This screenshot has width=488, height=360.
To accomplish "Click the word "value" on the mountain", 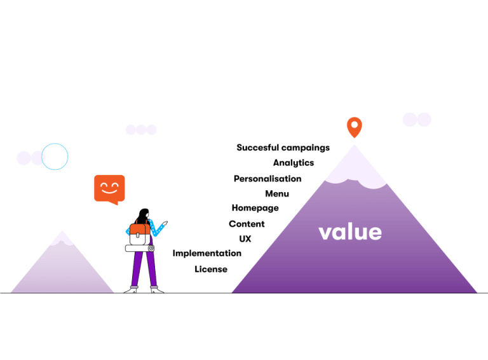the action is (x=350, y=232).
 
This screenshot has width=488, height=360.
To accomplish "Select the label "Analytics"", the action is (x=294, y=163).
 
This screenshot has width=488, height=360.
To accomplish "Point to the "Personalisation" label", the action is (x=268, y=179).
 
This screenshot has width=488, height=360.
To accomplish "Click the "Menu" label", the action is (x=277, y=194).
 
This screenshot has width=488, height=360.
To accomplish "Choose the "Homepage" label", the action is (x=255, y=208).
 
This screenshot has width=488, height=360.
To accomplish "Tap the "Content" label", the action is (x=247, y=224).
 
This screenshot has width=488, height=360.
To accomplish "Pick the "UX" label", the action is (x=245, y=239).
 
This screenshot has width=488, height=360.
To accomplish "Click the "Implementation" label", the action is (x=207, y=254).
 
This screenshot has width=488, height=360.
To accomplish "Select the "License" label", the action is (x=211, y=269).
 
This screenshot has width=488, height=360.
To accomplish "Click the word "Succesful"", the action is (x=258, y=148).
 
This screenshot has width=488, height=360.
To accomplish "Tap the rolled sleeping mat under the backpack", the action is (x=140, y=248).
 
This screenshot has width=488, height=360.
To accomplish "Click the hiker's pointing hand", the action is (x=165, y=223).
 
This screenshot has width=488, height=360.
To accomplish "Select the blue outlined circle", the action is (x=55, y=144).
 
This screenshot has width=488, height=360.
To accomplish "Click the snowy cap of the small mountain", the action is (x=62, y=239).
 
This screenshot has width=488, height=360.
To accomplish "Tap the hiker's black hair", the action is (x=143, y=215).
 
